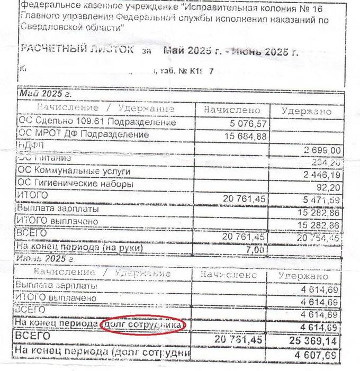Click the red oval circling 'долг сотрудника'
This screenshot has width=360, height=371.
(142, 324)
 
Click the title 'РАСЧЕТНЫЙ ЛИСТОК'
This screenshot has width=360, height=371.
(76, 49)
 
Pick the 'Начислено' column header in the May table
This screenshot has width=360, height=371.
(232, 110)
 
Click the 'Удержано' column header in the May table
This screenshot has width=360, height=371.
(307, 111)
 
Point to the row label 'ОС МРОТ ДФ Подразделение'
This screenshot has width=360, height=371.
(76, 135)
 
